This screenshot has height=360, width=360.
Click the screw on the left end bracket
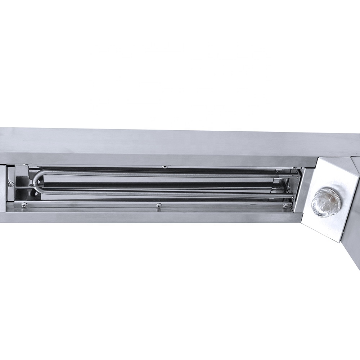coord(11,184)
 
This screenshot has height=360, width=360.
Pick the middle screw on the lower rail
coord(158,206)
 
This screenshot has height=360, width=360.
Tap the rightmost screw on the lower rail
coord(285,206)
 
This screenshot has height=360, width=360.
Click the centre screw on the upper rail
coord(164,167)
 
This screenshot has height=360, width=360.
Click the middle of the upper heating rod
coord(166,175)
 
